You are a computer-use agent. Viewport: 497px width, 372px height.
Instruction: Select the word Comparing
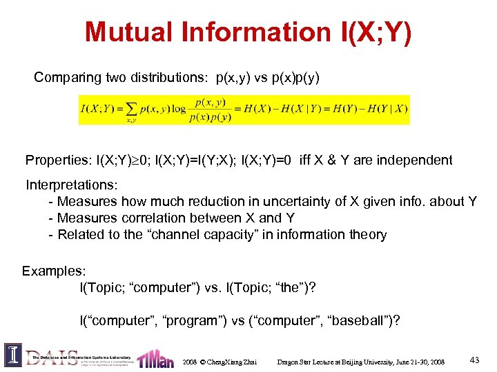(66, 78)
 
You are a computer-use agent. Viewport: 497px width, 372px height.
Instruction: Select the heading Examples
(50, 271)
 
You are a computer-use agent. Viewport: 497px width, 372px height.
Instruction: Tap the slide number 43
(474, 360)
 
